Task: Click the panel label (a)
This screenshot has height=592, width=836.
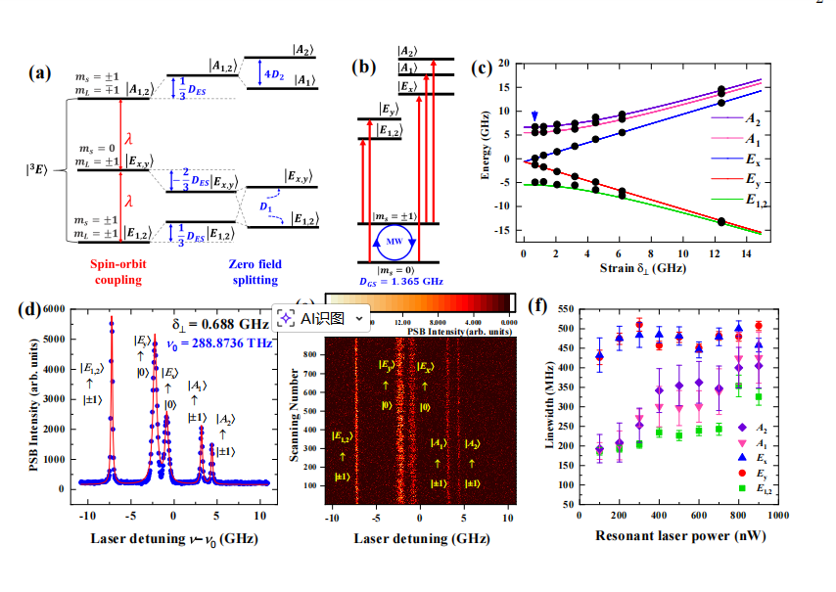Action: (40, 72)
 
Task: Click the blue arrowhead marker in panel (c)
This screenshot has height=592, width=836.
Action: (533, 115)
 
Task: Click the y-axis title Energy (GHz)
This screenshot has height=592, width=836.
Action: (487, 148)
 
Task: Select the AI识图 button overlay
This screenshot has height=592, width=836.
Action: (321, 317)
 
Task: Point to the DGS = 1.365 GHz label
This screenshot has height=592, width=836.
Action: (400, 281)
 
